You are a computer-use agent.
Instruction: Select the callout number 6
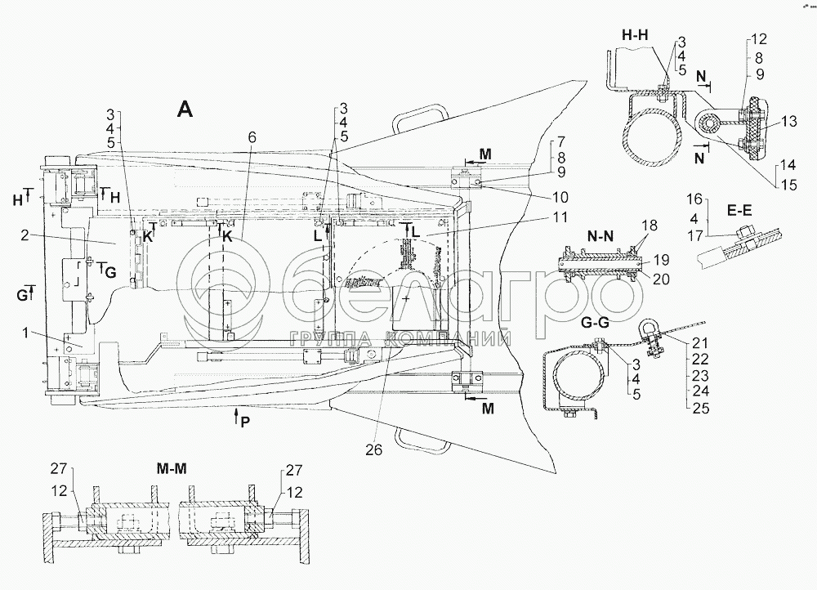[252, 138]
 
